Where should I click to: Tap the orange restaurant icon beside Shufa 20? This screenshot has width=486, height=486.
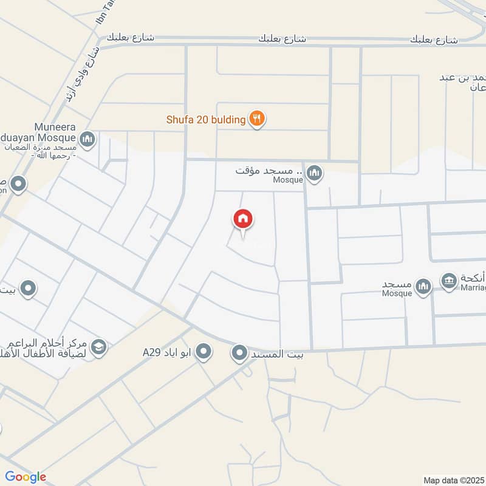tap(258, 119)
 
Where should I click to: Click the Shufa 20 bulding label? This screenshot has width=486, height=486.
tap(206, 120)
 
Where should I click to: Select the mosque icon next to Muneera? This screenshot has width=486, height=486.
tap(87, 140)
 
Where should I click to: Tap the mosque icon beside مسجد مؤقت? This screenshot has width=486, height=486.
tap(314, 174)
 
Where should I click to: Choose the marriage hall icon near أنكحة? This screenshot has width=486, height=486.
tap(449, 281)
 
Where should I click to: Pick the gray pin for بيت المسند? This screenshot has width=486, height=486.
tap(240, 353)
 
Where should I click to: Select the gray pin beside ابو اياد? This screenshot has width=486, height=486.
tap(204, 352)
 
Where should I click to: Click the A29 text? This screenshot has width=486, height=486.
tap(151, 352)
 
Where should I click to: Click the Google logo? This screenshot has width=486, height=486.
tap(26, 477)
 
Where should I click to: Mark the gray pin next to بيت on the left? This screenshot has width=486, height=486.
tap(27, 289)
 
